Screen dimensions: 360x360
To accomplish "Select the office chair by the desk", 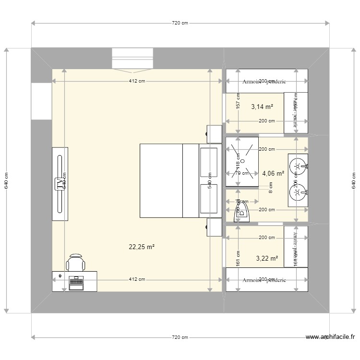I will pyautogui.click(x=76, y=263).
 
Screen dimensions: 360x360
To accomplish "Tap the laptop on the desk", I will pyautogui.click(x=76, y=283).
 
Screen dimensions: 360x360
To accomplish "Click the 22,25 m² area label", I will pyautogui.click(x=141, y=247).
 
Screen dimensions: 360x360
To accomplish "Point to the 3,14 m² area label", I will pyautogui.click(x=262, y=107).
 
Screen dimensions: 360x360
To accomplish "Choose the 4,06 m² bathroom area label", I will pyautogui.click(x=273, y=174).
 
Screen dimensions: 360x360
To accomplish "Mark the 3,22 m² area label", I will pyautogui.click(x=267, y=258).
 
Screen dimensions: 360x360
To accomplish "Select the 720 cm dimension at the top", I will pyautogui.click(x=180, y=23).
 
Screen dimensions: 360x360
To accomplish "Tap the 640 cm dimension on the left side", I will pyautogui.click(x=6, y=180).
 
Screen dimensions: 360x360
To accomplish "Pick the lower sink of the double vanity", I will pyautogui.click(x=298, y=193).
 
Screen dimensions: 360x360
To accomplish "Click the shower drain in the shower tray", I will pyautogui.click(x=242, y=162).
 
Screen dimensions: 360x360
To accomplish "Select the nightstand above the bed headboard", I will pyautogui.click(x=214, y=134).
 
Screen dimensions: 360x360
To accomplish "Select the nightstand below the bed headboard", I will pyautogui.click(x=214, y=227).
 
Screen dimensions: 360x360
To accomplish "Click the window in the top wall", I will pyautogui.click(x=132, y=58).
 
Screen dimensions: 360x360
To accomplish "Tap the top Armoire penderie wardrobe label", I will pyautogui.click(x=264, y=82).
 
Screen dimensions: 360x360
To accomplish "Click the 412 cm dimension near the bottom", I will pyautogui.click(x=137, y=279).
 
